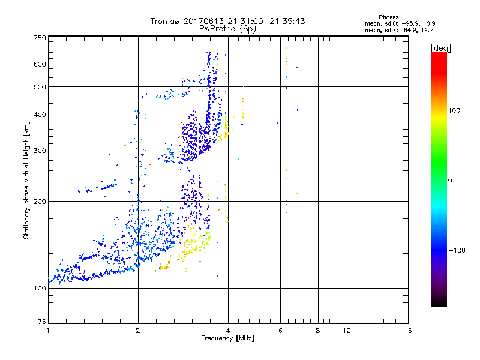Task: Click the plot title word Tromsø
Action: (166, 21)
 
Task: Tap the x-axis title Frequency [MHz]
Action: (227, 338)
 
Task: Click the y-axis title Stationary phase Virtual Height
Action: (26, 180)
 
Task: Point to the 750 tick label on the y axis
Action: (40, 38)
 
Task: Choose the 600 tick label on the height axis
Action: (40, 64)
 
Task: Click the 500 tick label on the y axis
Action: (40, 87)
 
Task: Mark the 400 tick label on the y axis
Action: (40, 115)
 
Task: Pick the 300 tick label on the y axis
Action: (40, 151)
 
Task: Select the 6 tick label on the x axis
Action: (280, 331)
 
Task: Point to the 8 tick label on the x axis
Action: (318, 331)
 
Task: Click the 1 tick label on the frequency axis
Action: (48, 331)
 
